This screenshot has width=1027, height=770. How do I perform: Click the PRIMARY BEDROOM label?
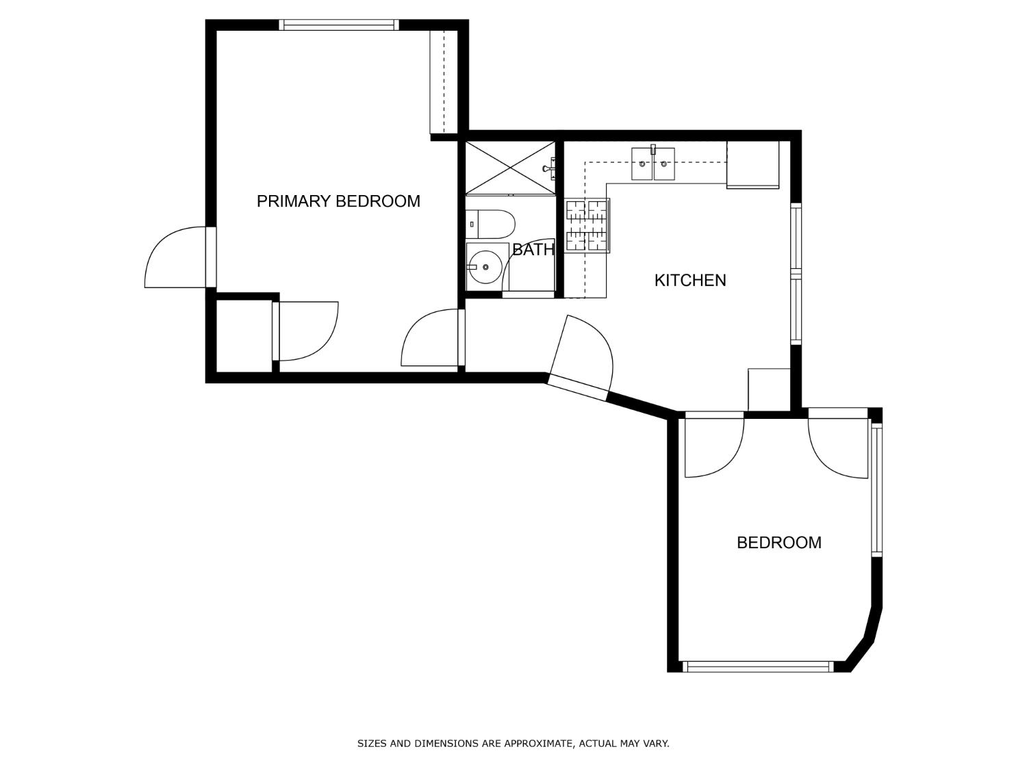(x=338, y=201)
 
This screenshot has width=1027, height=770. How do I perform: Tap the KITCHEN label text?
(x=689, y=280)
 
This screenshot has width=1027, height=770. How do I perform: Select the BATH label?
(x=533, y=250)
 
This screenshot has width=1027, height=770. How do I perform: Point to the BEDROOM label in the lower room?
(x=778, y=543)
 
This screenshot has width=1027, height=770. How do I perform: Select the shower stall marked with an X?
(x=510, y=168)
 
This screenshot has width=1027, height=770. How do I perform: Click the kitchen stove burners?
(x=587, y=225)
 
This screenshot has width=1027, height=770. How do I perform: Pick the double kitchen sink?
(x=652, y=164)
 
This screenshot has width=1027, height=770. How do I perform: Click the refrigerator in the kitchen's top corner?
(x=752, y=164)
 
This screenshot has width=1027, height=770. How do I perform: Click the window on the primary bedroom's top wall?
(x=339, y=25)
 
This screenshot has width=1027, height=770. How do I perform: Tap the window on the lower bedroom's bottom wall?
(x=758, y=667)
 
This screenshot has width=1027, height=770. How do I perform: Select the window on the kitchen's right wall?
(x=796, y=274)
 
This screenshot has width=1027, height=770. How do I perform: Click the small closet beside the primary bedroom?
(x=244, y=336)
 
